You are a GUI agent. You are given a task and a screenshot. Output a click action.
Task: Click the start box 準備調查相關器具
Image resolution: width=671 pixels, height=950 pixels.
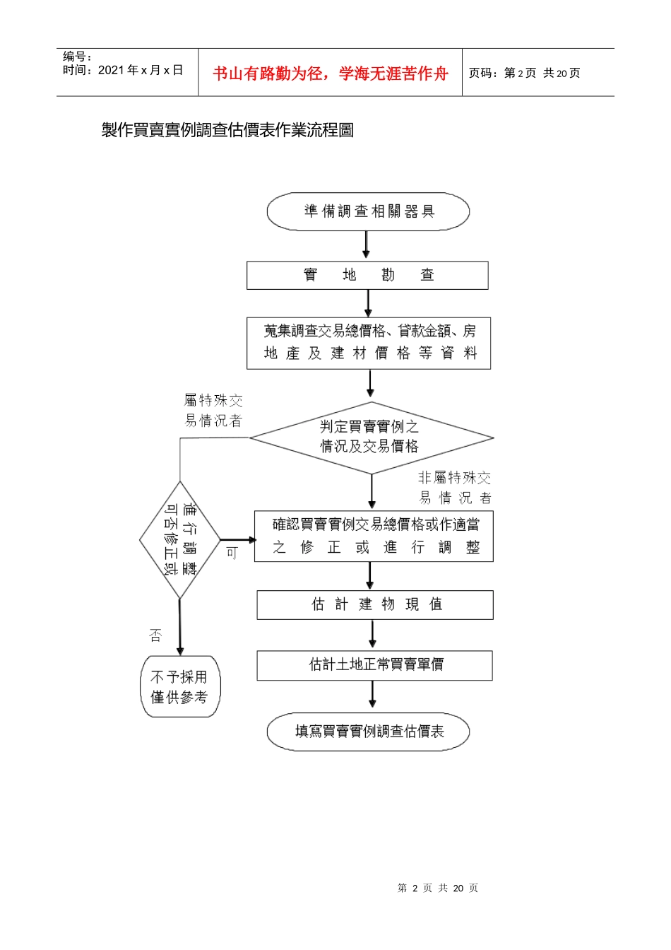pyautogui.click(x=368, y=211)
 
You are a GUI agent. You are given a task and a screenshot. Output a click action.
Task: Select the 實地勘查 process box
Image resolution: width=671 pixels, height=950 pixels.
pyautogui.click(x=367, y=275)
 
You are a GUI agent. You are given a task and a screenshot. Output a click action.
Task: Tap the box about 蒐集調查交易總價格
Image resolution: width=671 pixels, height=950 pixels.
pyautogui.click(x=369, y=343)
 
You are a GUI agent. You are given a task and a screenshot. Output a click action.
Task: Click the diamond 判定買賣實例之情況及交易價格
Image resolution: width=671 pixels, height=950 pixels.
pyautogui.click(x=371, y=438)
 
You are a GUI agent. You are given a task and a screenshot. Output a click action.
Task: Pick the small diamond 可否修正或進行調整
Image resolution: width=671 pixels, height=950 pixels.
pyautogui.click(x=180, y=539)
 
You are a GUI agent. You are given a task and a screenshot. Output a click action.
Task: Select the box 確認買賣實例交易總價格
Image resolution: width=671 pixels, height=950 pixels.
pyautogui.click(x=374, y=536)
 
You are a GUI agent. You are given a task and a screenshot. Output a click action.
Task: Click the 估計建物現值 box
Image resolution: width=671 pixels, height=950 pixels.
pyautogui.click(x=374, y=604)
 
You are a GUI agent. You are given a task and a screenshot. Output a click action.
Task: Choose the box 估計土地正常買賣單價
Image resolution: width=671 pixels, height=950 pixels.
pyautogui.click(x=374, y=665)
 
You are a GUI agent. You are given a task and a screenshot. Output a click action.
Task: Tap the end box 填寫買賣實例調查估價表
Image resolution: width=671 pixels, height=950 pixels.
pyautogui.click(x=368, y=732)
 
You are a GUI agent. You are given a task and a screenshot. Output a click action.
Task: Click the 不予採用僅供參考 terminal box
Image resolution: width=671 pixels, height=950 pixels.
pyautogui.click(x=180, y=686)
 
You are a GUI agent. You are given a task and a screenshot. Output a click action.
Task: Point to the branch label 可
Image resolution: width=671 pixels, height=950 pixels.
pyautogui.click(x=232, y=553)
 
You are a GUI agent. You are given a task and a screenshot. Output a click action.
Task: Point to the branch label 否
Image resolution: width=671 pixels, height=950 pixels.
pyautogui.click(x=155, y=635)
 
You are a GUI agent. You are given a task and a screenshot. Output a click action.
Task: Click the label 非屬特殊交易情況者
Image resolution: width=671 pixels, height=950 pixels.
pyautogui.click(x=455, y=488)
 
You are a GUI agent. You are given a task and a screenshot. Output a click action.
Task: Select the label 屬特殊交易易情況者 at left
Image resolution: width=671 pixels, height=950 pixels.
pyautogui.click(x=213, y=411)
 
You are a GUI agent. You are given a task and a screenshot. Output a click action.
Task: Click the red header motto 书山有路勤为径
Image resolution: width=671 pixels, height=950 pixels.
pyautogui.click(x=330, y=74)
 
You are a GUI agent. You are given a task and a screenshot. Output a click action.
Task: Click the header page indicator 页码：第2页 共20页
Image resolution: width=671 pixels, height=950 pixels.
pyautogui.click(x=524, y=74)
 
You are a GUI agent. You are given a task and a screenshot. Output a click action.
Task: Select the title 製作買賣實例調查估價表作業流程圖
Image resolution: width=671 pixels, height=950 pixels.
pyautogui.click(x=227, y=130)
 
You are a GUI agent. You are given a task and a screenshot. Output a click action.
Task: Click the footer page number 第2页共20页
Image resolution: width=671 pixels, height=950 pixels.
pyautogui.click(x=437, y=888)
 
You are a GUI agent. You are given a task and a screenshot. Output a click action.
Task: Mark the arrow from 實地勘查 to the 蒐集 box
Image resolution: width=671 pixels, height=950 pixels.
pyautogui.click(x=368, y=303)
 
